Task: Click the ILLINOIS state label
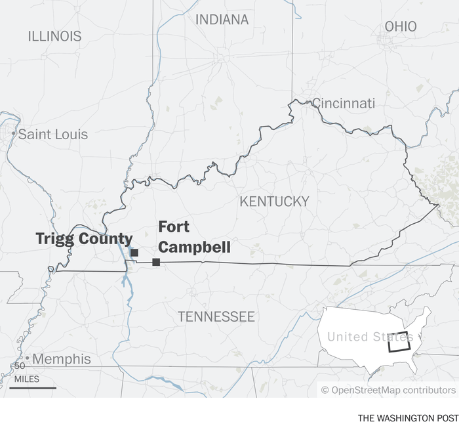click(x=54, y=36)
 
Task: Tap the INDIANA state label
click(x=222, y=20)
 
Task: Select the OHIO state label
click(x=400, y=26)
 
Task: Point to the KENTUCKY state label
click(x=274, y=202)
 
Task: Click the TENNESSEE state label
click(x=216, y=317)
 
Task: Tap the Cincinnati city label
click(x=343, y=103)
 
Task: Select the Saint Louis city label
click(x=52, y=135)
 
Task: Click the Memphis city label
click(x=62, y=359)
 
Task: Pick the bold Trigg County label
click(x=84, y=239)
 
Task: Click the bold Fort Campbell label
click(x=194, y=237)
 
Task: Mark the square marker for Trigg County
click(x=134, y=253)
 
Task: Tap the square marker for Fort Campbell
click(x=156, y=262)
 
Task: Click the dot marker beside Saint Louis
click(x=13, y=134)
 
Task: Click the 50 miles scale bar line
click(x=33, y=387)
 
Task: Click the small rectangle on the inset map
click(x=399, y=342)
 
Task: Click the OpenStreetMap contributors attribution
click(x=388, y=390)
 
